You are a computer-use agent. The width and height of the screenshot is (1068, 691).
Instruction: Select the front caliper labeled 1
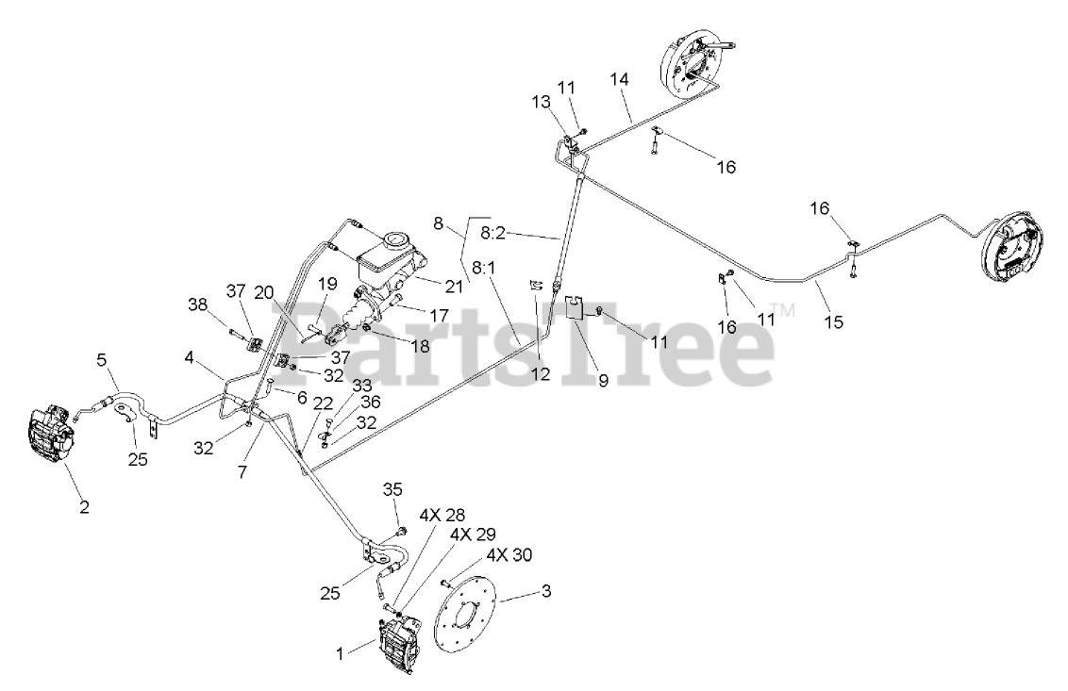(x=399, y=646)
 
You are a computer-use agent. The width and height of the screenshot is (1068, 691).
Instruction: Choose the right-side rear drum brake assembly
(x=1012, y=250)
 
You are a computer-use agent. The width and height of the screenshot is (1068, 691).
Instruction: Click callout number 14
(x=618, y=80)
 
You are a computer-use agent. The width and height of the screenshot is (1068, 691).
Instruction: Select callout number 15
(x=833, y=321)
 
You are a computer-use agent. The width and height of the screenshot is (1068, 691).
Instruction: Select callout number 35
(x=392, y=489)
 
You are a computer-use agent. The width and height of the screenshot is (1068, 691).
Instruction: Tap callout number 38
(x=196, y=305)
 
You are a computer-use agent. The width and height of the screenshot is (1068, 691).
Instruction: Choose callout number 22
(x=323, y=403)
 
